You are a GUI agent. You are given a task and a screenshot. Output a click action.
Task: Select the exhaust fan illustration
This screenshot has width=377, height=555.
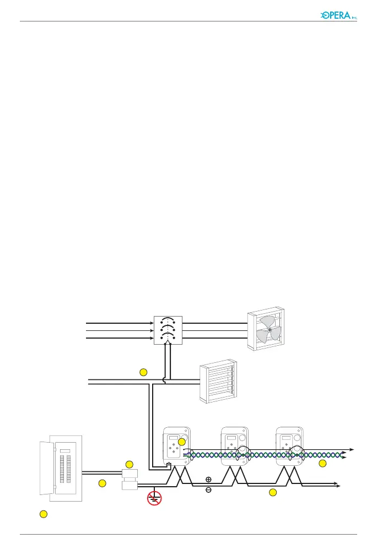pos(268,330)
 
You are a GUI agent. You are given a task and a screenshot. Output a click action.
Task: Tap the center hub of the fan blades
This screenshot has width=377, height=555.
pos(269,330)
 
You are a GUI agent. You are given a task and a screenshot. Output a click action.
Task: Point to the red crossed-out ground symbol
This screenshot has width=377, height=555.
pos(154,498)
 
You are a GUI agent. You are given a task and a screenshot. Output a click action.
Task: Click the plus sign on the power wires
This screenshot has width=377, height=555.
pos(208,480)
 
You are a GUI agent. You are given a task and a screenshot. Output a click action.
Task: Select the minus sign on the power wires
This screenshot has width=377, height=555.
pos(208,489)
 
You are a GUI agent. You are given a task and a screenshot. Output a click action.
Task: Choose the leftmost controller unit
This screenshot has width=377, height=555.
pos(176,449)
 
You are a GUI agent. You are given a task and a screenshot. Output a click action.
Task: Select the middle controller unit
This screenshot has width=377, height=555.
pos(234,449)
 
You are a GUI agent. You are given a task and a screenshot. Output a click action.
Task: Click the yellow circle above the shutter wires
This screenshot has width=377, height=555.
pos(143,372)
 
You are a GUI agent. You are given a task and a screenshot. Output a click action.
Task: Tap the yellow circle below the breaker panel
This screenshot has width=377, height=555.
pos(42,514)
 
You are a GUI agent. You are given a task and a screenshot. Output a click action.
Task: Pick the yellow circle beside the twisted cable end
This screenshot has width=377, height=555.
pos(323,464)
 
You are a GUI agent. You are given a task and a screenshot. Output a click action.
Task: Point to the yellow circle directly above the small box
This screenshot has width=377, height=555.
pos(130,464)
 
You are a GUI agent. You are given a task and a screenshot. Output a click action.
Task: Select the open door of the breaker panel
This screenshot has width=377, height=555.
pos(45,471)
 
